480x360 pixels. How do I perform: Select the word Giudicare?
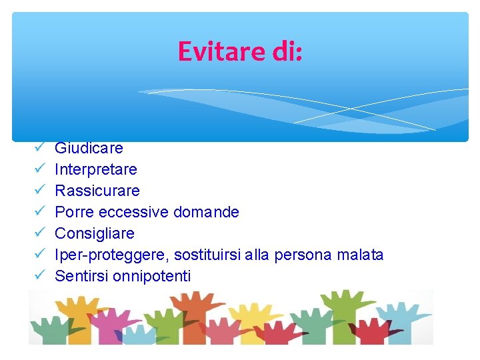pyautogui.click(x=89, y=148)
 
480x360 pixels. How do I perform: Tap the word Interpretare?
pyautogui.click(x=96, y=169)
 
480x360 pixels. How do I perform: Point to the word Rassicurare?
pyautogui.click(x=97, y=191)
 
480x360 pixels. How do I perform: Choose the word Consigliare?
pyautogui.click(x=95, y=233)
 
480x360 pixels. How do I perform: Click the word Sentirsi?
pyautogui.click(x=79, y=276)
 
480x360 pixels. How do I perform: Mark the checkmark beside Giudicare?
pyautogui.click(x=39, y=148)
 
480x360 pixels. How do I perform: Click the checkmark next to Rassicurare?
pyautogui.click(x=39, y=191)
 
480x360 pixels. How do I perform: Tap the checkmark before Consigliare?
pyautogui.click(x=39, y=233)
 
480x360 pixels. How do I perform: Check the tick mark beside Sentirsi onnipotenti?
pyautogui.click(x=39, y=276)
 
